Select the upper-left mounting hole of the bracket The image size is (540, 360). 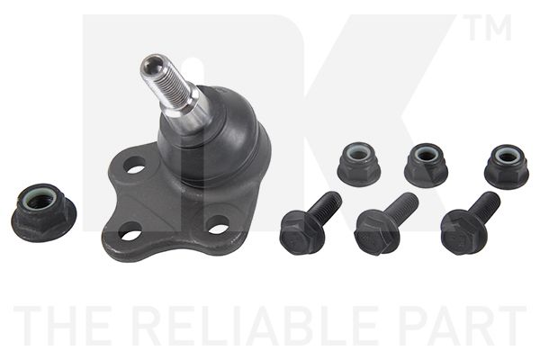(x=134, y=165)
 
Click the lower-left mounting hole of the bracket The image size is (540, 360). (x=130, y=232)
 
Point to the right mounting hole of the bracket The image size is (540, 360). (x=219, y=225)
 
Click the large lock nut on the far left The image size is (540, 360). (x=43, y=212)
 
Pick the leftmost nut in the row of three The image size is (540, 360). (x=359, y=164)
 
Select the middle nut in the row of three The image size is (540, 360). (x=426, y=165)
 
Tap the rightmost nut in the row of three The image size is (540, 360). (x=507, y=166)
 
